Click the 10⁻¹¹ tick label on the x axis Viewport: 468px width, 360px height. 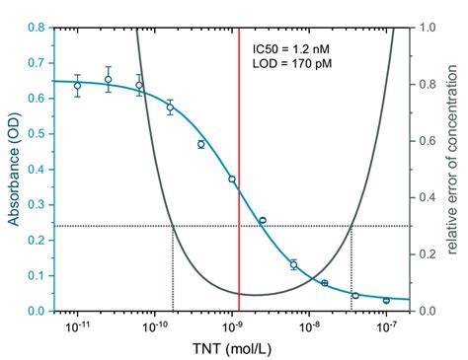coord(77,326)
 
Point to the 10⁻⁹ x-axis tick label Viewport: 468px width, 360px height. coord(232,326)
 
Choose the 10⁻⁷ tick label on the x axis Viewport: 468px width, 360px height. coord(386,326)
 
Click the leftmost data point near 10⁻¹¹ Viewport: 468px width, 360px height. coord(78,86)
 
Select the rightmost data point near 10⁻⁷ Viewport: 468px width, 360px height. coord(386,300)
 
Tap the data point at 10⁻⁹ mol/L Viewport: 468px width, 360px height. coord(232,180)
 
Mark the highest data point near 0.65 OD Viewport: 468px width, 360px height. coord(109,80)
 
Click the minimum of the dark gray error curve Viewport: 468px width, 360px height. coord(256,294)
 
